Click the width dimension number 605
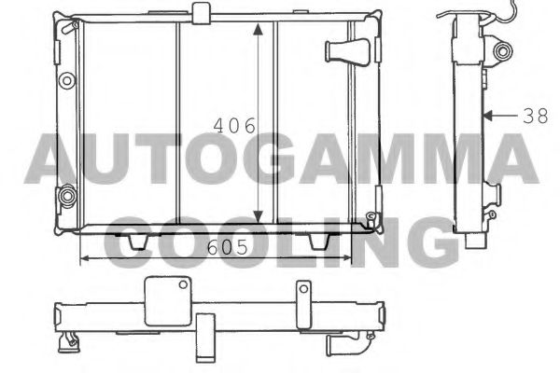pos(226,249)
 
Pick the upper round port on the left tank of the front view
pos(66,81)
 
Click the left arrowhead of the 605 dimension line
pos(87,257)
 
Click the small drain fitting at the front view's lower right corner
pos(373,221)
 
